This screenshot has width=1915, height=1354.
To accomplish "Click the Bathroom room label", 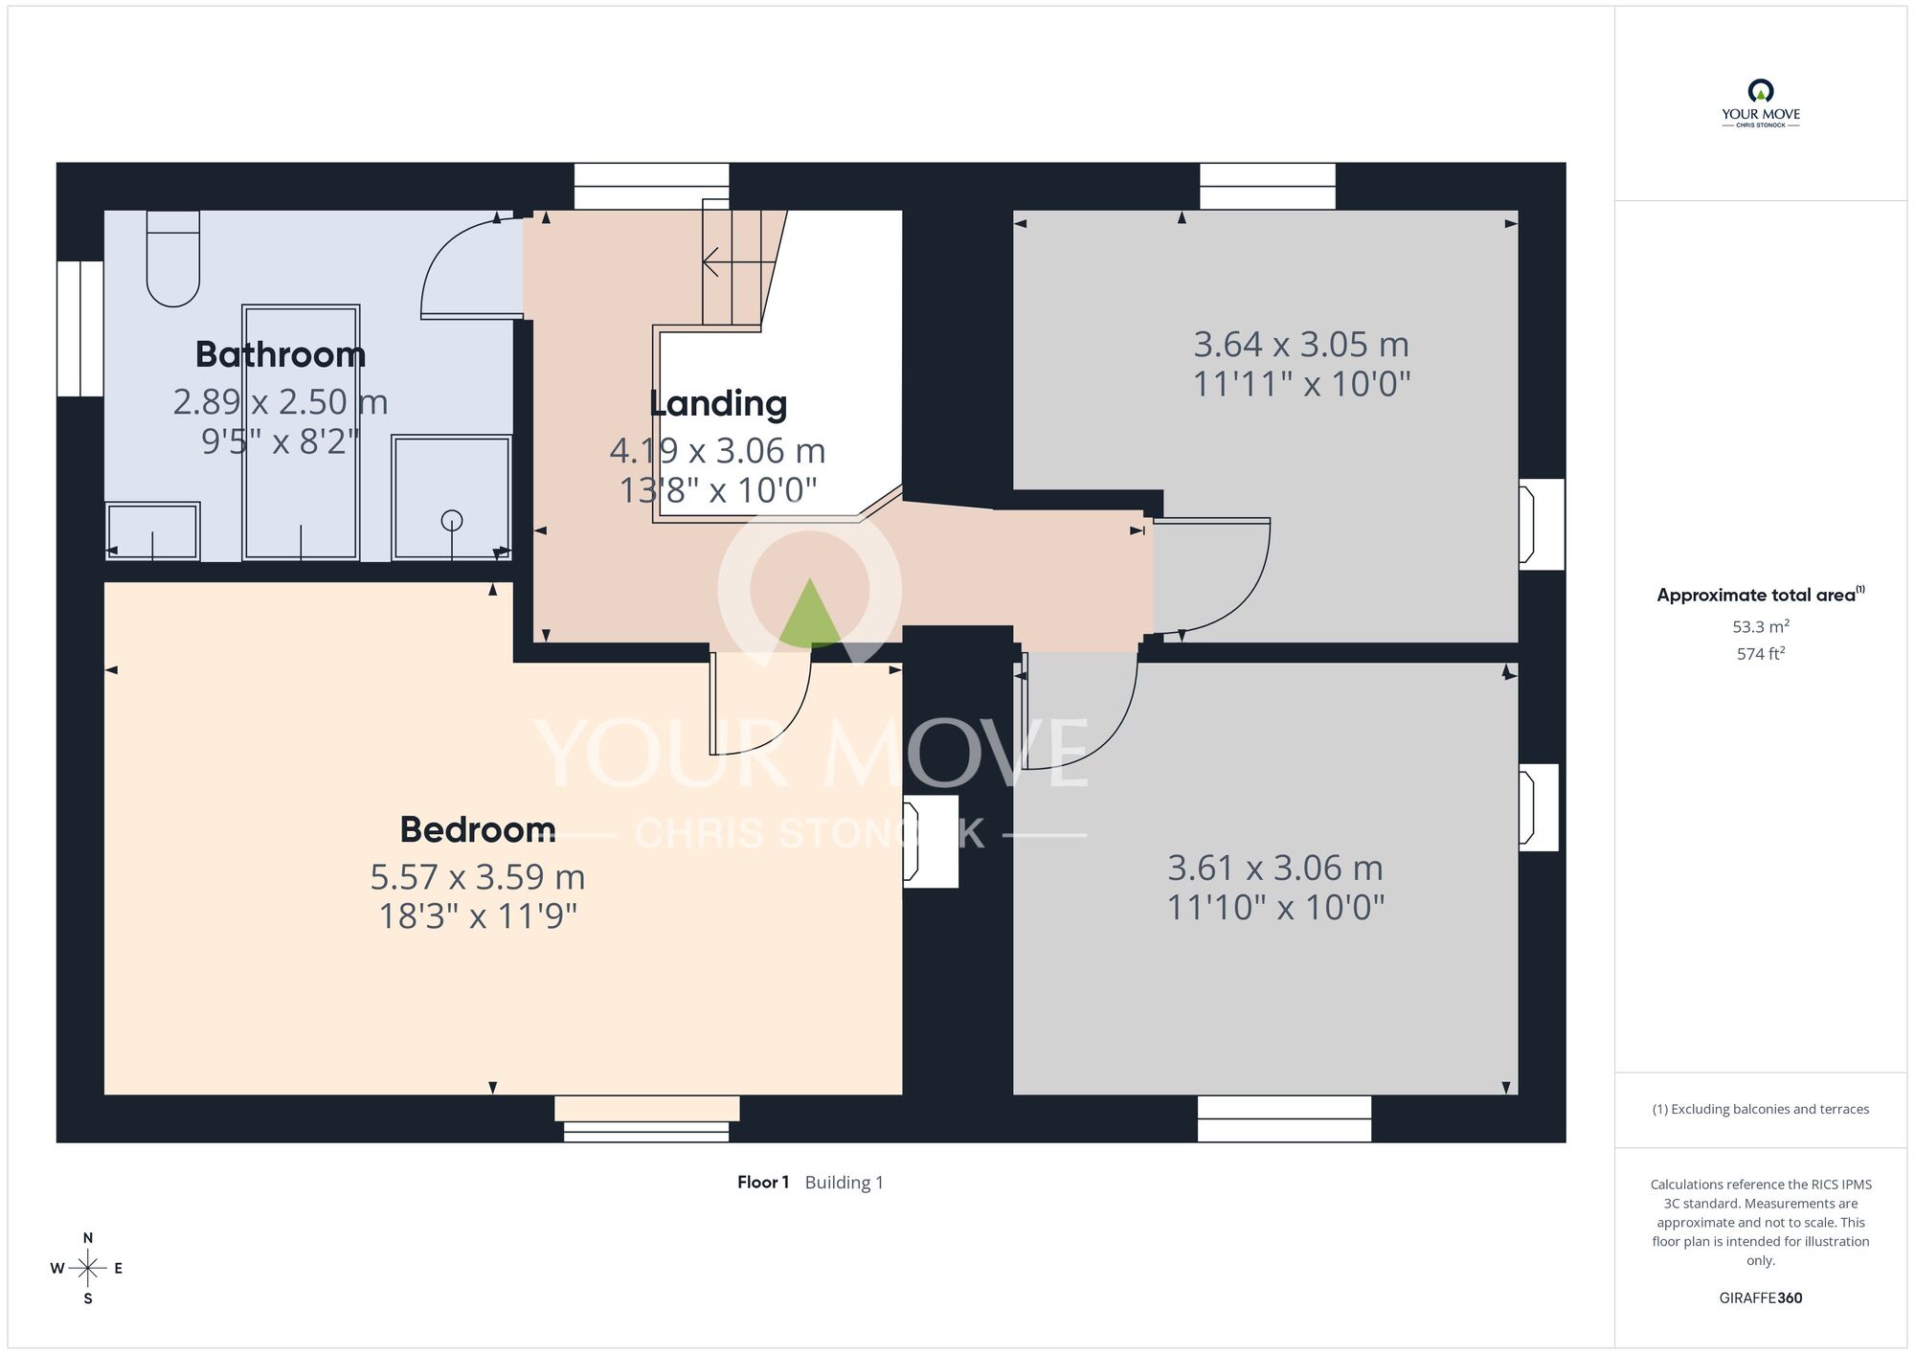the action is tap(281, 354).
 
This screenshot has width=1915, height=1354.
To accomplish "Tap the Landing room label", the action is tap(718, 404).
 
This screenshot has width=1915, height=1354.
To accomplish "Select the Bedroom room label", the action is tap(478, 829).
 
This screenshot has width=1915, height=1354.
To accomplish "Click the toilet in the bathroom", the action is tap(173, 259).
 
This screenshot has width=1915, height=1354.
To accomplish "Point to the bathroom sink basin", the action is tap(152, 530).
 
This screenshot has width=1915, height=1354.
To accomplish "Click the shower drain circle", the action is tap(452, 520).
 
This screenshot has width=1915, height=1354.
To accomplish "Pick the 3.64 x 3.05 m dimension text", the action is tap(1301, 344).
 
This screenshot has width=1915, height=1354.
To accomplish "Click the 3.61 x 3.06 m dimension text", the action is tap(1275, 868).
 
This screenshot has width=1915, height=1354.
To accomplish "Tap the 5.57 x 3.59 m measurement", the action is tap(478, 876).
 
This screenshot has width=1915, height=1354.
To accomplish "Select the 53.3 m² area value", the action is tap(1761, 626).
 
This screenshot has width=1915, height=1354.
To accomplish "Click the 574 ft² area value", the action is tap(1761, 654).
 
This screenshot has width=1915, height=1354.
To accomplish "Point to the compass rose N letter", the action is tap(88, 1238).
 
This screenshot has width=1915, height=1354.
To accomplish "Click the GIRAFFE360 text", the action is tap(1761, 1298).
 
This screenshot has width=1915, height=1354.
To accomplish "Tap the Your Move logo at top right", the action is tap(1761, 103).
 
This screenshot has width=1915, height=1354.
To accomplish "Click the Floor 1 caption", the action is tap(763, 1183).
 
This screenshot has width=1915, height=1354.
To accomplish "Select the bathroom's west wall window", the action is tap(80, 328).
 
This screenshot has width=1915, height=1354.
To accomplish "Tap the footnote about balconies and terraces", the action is tap(1761, 1109).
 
